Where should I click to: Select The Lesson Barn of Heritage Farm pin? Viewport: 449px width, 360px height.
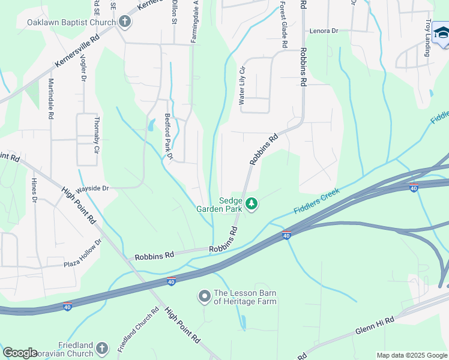(x=205, y=296)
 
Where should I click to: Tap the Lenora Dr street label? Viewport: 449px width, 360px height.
(x=324, y=31)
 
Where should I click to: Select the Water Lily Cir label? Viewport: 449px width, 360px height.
(x=243, y=86)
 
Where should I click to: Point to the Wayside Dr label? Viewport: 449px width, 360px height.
(x=91, y=188)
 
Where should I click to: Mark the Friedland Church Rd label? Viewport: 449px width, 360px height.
(x=137, y=329)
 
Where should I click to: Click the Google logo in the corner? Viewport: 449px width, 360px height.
(x=20, y=353)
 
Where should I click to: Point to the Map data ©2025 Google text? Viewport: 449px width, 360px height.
(x=411, y=355)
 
